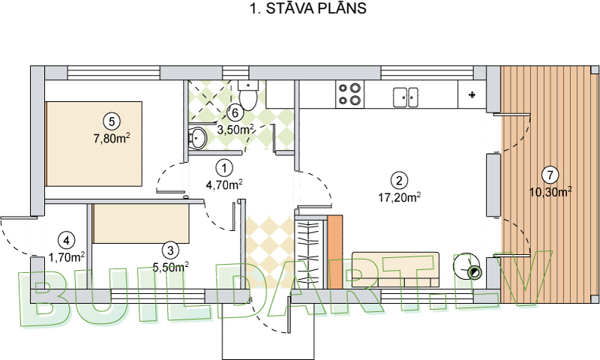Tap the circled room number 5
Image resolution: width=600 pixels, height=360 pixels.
pyautogui.click(x=111, y=120)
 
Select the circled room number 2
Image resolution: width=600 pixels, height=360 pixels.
pyautogui.click(x=399, y=180)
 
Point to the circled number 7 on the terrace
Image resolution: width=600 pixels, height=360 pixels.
pyautogui.click(x=550, y=175)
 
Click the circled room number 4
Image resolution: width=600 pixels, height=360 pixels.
pyautogui.click(x=67, y=240)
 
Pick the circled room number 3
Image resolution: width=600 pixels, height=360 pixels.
pyautogui.click(x=171, y=250)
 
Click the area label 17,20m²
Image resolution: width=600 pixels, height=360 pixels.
pyautogui.click(x=399, y=198)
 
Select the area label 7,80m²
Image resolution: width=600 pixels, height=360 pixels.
pyautogui.click(x=112, y=138)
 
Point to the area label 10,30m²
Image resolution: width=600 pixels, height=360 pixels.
pyautogui.click(x=551, y=192)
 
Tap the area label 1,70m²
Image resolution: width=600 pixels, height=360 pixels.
pyautogui.click(x=67, y=256)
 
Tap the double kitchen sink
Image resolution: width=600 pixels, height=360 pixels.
pyautogui.click(x=406, y=95)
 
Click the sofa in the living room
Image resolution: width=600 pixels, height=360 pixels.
pyautogui.click(x=395, y=268)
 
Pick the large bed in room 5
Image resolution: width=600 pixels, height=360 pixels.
pyautogui.click(x=94, y=143)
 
